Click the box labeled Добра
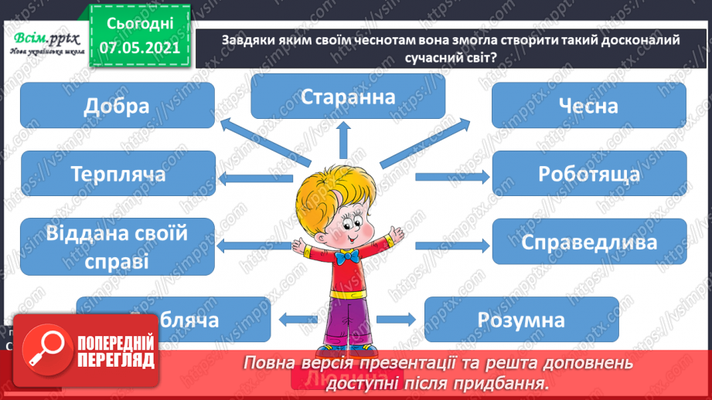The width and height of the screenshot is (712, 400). [118, 105]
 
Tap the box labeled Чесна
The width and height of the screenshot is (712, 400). [589, 105]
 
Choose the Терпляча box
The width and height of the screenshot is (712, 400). [118, 174]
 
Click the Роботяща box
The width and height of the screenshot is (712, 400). [589, 174]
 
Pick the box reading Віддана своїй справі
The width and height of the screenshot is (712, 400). [118, 246]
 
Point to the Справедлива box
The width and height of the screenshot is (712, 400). [589, 241]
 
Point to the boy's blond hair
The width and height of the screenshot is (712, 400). [340, 181]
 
